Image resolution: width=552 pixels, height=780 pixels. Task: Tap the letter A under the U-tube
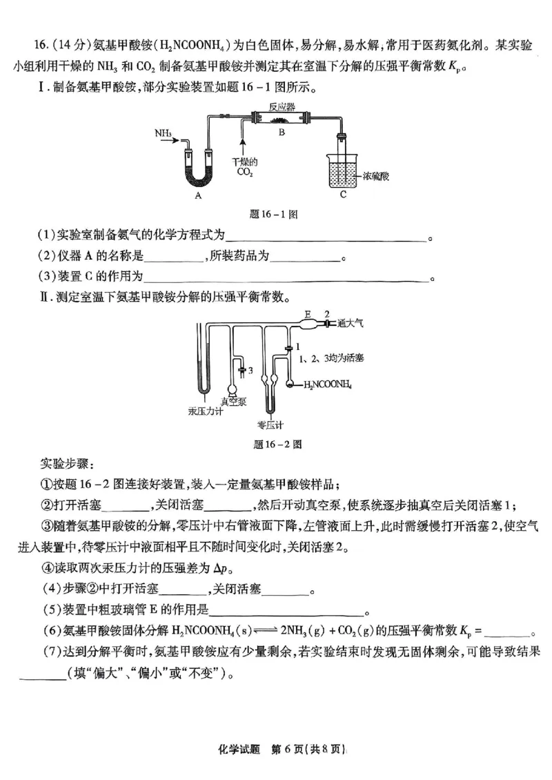pos(198,195)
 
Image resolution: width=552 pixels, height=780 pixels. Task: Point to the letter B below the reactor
pos(281,133)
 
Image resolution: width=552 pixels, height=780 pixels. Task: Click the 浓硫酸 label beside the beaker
pos(376,176)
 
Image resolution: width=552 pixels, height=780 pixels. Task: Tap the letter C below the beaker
pos(343,195)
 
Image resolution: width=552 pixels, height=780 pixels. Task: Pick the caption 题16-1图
pos(274,215)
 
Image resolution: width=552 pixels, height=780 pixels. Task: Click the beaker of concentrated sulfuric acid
pos(342,170)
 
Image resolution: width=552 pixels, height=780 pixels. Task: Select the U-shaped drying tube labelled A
pos(198,163)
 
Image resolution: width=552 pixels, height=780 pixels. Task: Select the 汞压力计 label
pos(205,411)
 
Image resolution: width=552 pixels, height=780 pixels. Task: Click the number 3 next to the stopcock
pos(250,371)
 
